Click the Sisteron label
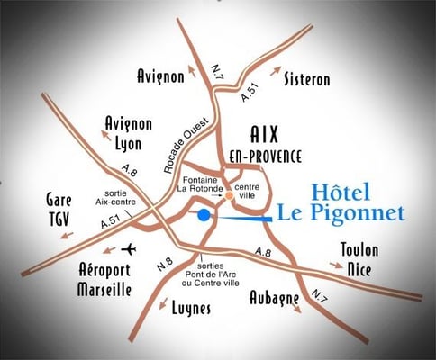point(306,79)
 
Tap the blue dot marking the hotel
point(204,215)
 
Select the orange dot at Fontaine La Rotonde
point(230,195)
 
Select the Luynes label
point(190,308)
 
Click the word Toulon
point(359,249)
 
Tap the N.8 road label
point(165,264)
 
